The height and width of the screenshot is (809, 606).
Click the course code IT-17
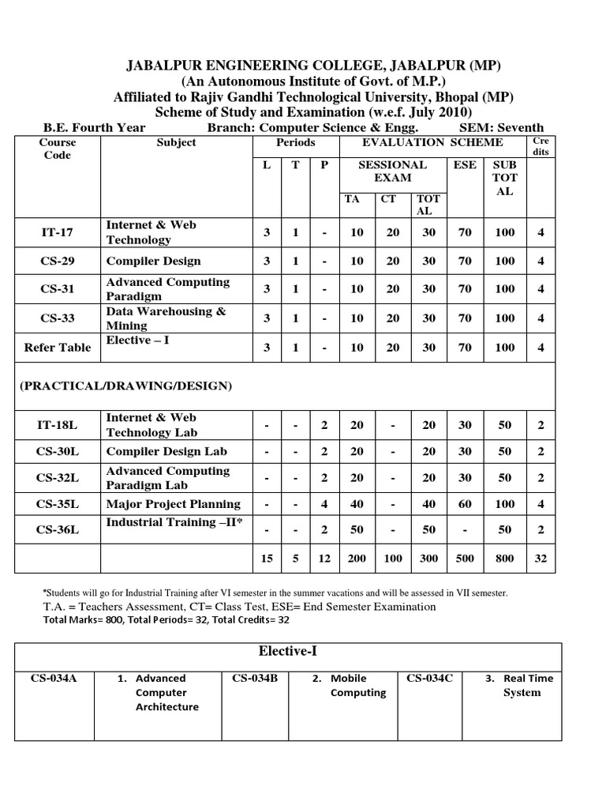click(57, 232)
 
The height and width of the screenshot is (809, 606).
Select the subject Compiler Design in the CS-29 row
click(153, 261)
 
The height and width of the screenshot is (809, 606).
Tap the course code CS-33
click(57, 318)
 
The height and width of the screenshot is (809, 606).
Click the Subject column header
click(177, 143)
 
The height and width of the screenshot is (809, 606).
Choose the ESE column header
click(465, 165)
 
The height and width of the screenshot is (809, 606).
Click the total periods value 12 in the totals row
click(324, 558)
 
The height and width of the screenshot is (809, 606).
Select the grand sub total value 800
click(504, 558)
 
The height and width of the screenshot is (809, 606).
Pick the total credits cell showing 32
click(541, 558)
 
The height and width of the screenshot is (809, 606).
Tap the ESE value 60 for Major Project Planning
click(465, 504)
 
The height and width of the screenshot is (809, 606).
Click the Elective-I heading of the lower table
click(288, 652)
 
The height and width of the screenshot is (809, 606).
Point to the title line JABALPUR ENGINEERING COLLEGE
click(303, 65)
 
